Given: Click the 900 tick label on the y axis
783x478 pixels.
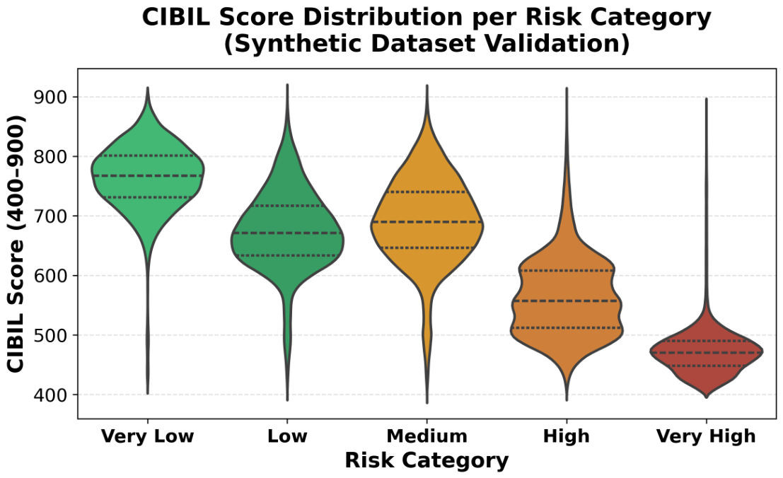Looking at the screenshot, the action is pos(50,97).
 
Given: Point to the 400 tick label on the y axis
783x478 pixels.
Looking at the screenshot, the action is pos(50,395).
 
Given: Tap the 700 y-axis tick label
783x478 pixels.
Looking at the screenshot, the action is pos(50,216).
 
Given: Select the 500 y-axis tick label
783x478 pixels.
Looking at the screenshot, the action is pos(50,335).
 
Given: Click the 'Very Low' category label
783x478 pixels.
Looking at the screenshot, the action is pos(147,436).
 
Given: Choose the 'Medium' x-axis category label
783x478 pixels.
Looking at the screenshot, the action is pos(427,436).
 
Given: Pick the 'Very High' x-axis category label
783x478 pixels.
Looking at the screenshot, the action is pos(706,436).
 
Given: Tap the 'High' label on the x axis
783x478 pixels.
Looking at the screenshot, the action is pos(567,436).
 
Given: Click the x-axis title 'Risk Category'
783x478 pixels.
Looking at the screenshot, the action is pos(427,460).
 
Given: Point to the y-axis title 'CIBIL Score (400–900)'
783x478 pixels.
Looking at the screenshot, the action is pos(16,243).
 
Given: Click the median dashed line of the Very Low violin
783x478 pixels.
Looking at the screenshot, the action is pos(148,175).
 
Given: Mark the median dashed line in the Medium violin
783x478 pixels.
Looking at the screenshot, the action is pos(427,221).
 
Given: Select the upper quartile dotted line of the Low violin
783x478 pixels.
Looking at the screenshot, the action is pos(287,206).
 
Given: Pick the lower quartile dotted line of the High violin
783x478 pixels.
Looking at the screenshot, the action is pos(567,328).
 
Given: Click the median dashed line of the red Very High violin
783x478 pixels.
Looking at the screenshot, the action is pos(706,353).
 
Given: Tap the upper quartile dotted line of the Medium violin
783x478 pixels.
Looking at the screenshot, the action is pos(427,192).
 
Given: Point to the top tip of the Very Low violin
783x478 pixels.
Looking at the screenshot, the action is pos(148,88).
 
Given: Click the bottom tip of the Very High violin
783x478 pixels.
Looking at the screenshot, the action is pos(706,397).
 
